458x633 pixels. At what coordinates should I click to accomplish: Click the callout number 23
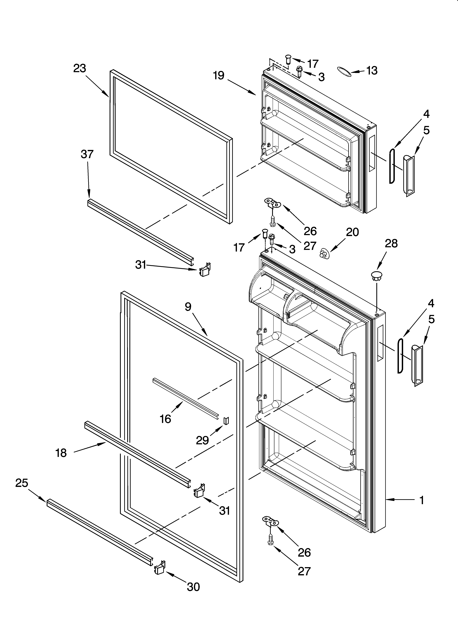tap(80, 68)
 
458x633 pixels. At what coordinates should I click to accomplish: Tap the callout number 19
tap(219, 75)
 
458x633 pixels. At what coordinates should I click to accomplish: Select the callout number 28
tap(391, 244)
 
